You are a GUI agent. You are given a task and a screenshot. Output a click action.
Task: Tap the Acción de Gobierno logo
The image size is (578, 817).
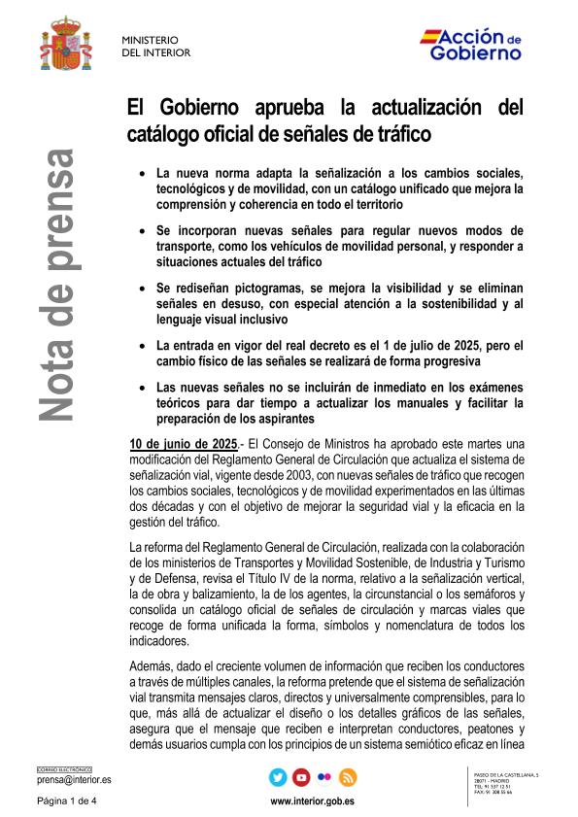click(471, 45)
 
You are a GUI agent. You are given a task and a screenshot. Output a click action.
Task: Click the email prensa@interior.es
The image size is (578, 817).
click(74, 779)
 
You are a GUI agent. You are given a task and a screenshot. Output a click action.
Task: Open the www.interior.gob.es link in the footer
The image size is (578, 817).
click(312, 801)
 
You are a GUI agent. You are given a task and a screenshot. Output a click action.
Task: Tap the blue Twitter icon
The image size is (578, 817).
click(278, 777)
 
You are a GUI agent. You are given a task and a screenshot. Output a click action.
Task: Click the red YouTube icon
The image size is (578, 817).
click(301, 777)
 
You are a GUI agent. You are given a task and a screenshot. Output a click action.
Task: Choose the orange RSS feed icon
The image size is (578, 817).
click(348, 777)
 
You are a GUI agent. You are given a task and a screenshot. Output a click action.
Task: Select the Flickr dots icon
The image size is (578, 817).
click(324, 777)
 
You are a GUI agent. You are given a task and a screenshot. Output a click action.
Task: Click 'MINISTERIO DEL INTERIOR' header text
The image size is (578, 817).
click(155, 46)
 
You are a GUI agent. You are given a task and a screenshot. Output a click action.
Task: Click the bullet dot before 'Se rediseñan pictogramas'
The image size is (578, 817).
click(143, 289)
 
